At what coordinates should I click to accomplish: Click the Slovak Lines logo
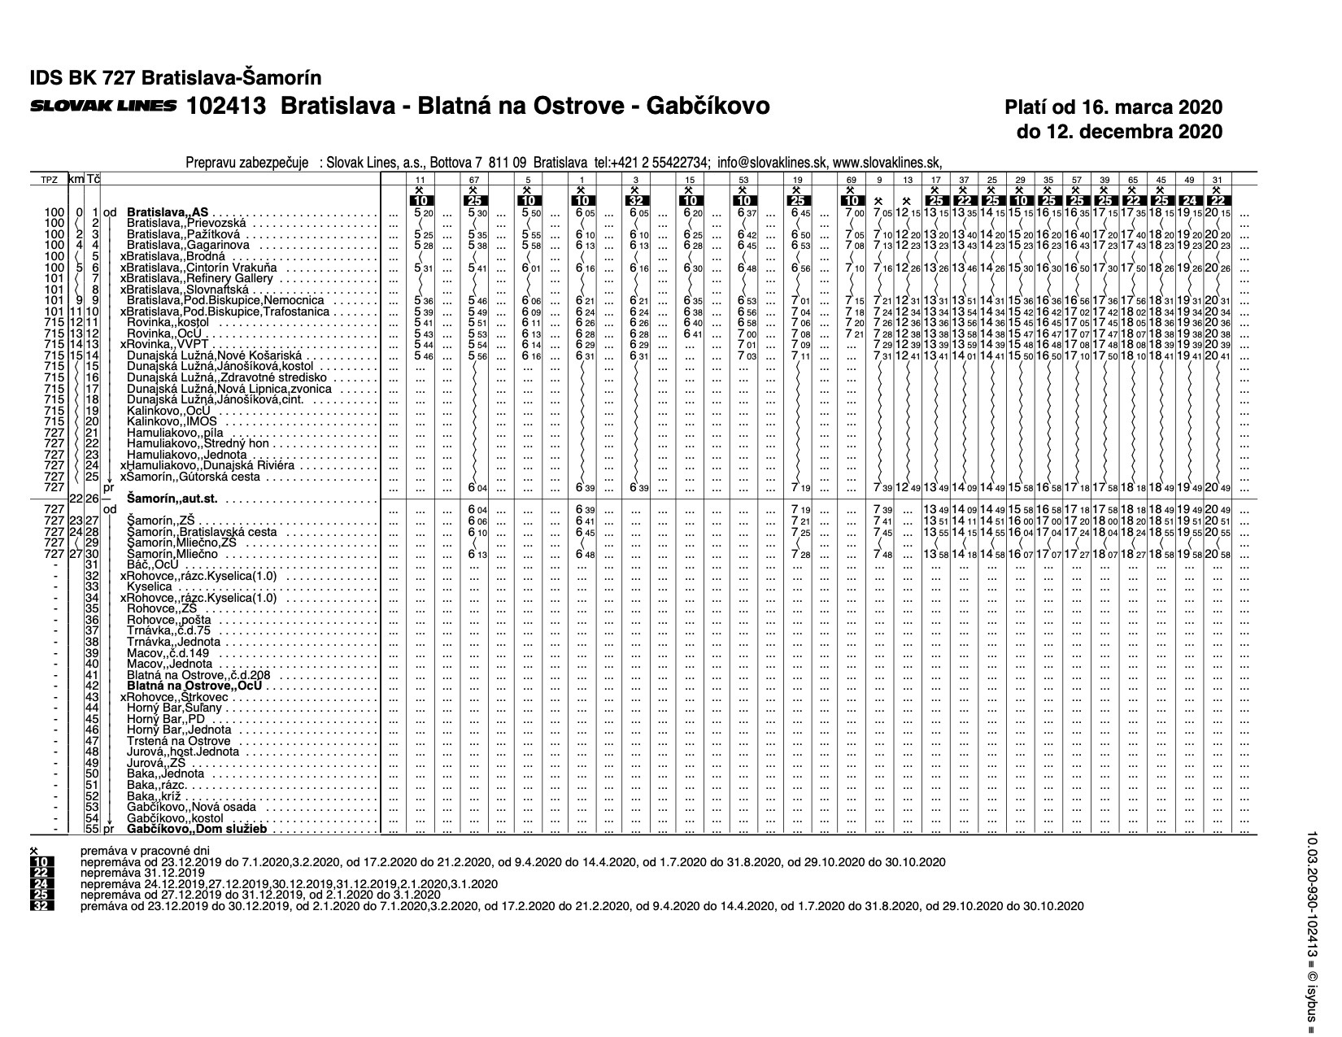click(x=102, y=106)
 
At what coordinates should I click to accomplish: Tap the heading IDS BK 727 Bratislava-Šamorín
click(x=176, y=78)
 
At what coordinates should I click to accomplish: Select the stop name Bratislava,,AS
click(x=169, y=212)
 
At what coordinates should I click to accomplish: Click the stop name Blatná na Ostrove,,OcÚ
click(x=194, y=686)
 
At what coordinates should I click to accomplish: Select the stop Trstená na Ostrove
click(x=179, y=741)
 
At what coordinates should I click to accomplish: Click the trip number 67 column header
click(x=474, y=178)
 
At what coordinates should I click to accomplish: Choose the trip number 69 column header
click(x=852, y=178)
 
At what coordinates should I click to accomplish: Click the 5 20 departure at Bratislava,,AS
click(x=421, y=212)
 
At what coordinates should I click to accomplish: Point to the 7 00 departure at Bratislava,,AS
click(x=852, y=212)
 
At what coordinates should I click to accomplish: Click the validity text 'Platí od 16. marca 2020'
click(x=1113, y=107)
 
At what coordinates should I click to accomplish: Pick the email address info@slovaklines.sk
click(x=770, y=161)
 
